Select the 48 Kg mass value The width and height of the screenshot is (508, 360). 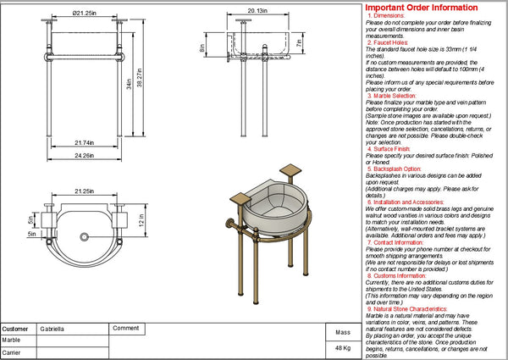342,348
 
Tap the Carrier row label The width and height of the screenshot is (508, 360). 12,352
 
